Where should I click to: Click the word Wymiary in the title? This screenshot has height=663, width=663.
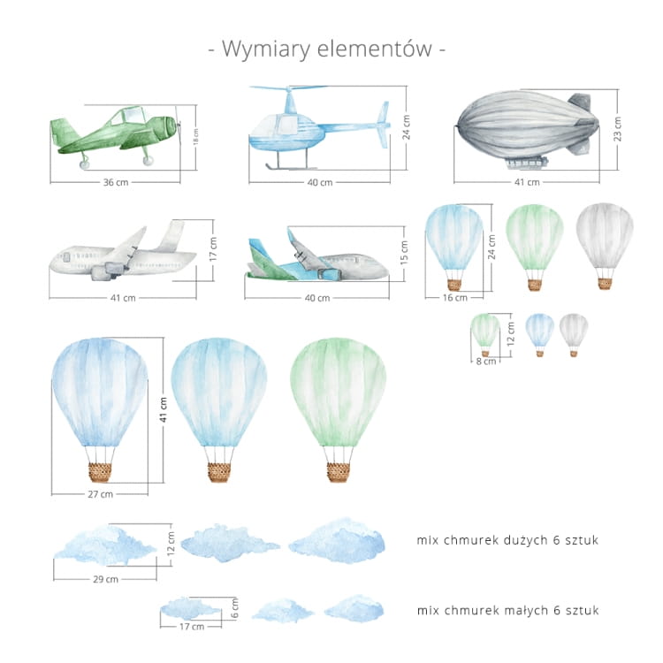[266, 49]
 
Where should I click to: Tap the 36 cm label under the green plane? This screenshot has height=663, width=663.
[116, 182]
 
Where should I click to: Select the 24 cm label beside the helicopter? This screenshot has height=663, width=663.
[406, 127]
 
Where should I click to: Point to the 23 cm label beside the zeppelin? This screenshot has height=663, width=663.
[617, 129]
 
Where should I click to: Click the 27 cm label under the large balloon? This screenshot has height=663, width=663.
[100, 494]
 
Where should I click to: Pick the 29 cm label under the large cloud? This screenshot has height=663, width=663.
[106, 579]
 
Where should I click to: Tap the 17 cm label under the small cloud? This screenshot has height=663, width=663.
[192, 626]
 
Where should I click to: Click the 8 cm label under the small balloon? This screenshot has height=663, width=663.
[486, 362]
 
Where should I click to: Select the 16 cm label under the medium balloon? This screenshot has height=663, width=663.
[455, 298]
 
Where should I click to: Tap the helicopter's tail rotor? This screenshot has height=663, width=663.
[384, 125]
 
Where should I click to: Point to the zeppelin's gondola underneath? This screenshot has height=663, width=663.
[527, 163]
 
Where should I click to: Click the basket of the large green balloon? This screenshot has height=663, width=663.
[338, 472]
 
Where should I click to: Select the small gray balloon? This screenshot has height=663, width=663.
[574, 335]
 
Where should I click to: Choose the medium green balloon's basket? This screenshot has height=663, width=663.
[535, 285]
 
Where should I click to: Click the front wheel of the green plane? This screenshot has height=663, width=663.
[148, 160]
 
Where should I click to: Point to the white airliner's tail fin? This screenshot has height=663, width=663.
[171, 235]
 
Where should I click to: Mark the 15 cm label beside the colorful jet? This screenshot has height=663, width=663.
[404, 253]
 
